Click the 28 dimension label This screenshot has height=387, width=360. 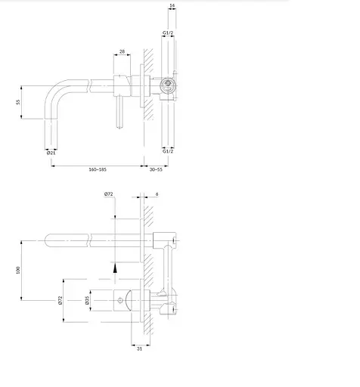click(x=122, y=51)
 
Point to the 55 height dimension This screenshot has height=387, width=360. click(x=17, y=102)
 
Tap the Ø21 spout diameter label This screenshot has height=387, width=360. click(x=51, y=153)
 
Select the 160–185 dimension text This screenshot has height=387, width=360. click(x=98, y=169)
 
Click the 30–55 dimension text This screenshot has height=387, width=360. click(x=156, y=169)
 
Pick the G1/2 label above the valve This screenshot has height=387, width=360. click(x=168, y=33)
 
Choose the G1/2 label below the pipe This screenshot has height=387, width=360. click(x=168, y=151)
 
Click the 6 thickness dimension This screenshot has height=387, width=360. click(x=157, y=194)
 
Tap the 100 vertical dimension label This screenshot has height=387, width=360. click(x=17, y=270)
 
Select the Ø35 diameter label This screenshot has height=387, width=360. click(x=87, y=300)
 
